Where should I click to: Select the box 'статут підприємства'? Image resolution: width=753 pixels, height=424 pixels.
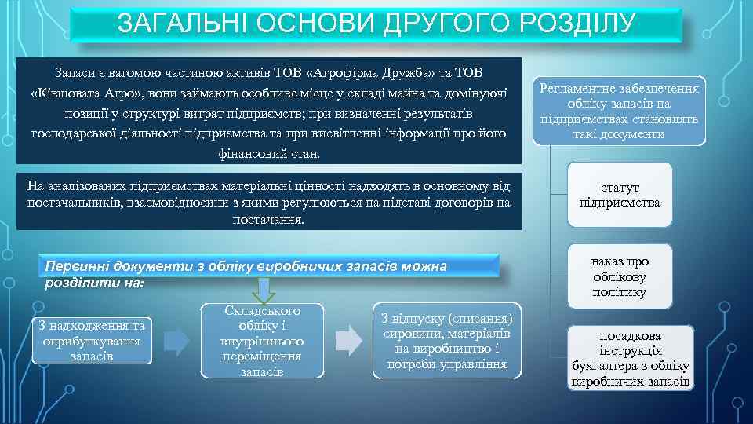click(x=619, y=196)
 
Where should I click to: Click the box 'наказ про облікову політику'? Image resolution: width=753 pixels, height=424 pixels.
click(x=619, y=276)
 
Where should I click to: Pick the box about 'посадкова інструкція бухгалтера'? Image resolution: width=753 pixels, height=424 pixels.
click(x=631, y=357)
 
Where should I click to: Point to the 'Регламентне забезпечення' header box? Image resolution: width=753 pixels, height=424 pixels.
click(x=619, y=111)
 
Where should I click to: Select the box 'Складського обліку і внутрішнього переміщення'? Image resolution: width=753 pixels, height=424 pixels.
click(x=262, y=340)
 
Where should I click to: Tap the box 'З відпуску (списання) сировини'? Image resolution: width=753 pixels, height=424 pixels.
click(x=446, y=341)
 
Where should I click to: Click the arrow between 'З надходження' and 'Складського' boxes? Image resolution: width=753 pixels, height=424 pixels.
click(x=176, y=341)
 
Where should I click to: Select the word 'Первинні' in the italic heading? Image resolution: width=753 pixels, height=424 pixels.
click(x=78, y=266)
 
